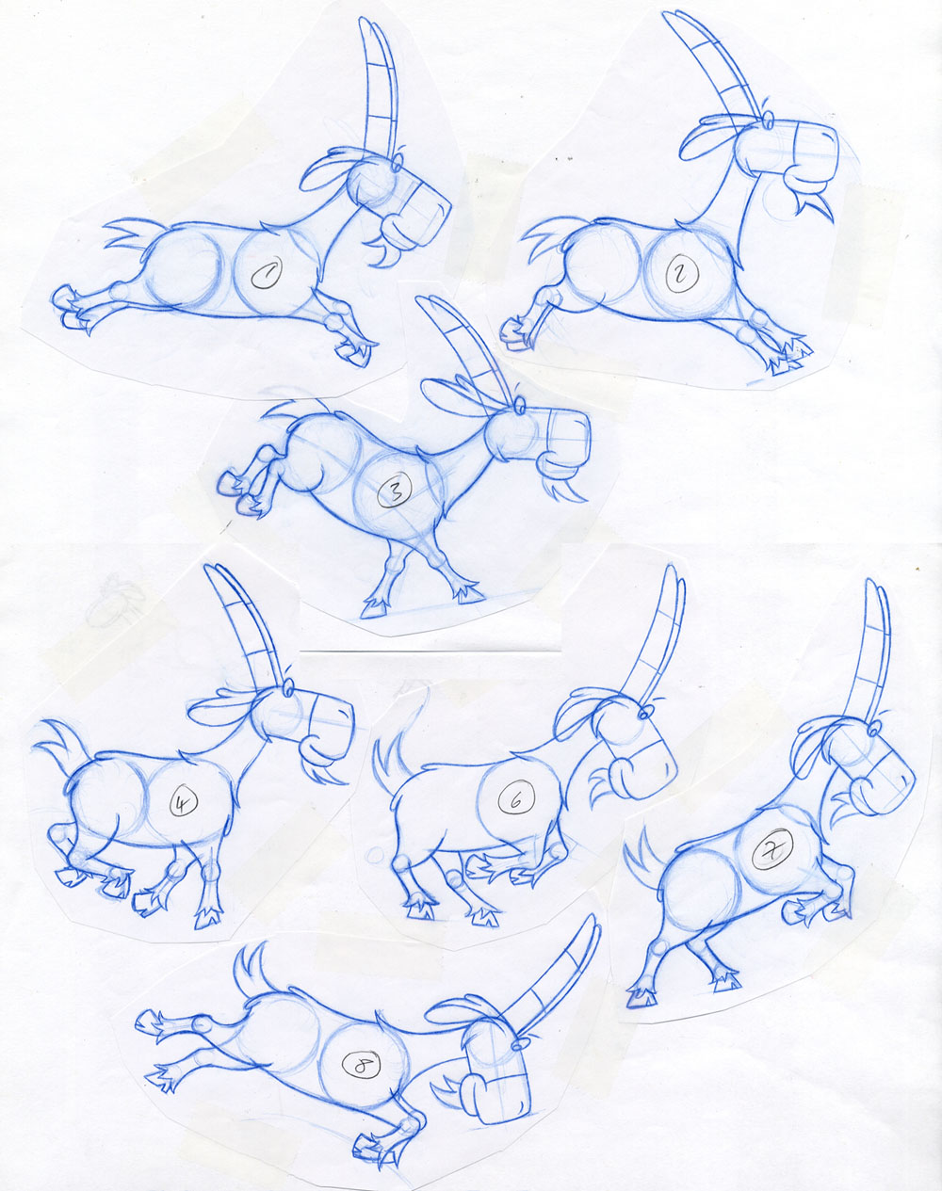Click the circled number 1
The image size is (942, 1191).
point(265,275)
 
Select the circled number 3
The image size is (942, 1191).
point(396,490)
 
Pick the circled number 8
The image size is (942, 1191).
point(359,1066)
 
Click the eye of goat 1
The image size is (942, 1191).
point(398,166)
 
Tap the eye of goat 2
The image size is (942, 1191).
point(769,120)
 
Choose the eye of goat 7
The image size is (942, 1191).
point(875,728)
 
